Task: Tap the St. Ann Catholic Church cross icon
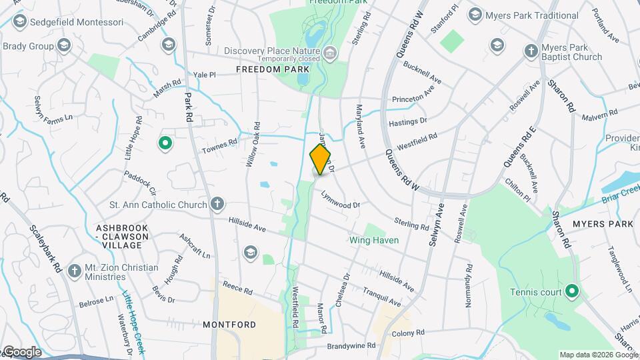pos(217,203)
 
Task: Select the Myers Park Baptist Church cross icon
pos(531,51)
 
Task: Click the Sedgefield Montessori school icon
pos(19,22)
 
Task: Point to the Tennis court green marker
pos(571,291)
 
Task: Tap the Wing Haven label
pos(374,240)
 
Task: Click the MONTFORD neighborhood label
pos(229,325)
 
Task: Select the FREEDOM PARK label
pos(273,69)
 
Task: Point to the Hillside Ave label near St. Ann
pos(247,224)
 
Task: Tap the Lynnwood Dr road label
pos(341,199)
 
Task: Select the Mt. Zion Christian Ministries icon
pos(73,269)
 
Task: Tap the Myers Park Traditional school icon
pos(475,15)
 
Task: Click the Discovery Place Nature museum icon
pos(330,51)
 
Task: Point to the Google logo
pos(22,352)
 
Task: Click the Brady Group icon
pos(63,46)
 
